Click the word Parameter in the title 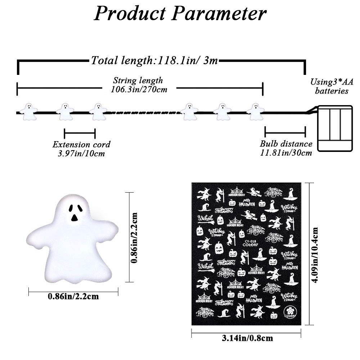click(x=219, y=14)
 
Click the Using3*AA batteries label click(x=332, y=86)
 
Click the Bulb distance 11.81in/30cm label click(x=286, y=148)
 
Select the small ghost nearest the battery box click(x=255, y=111)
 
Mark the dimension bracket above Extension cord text click(x=80, y=134)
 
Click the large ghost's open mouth click(x=74, y=217)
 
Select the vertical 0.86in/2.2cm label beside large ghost click(x=135, y=237)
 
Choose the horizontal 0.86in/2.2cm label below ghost click(x=73, y=297)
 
